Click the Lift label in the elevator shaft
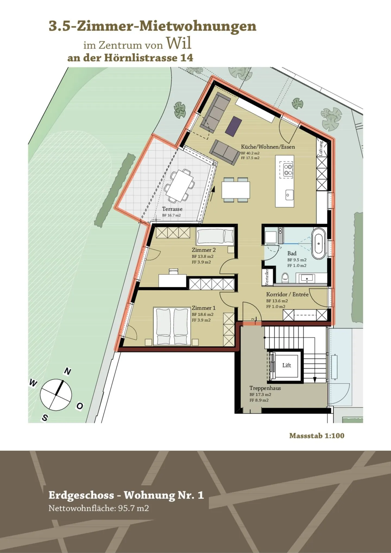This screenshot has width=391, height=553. [286, 365]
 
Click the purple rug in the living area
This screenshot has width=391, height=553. [234, 127]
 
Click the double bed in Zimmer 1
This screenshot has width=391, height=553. [172, 326]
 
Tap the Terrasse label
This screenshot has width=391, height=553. [172, 209]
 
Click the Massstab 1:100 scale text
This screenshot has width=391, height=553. [317, 436]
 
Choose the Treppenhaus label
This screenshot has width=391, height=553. [265, 388]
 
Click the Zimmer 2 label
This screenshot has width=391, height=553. [204, 250]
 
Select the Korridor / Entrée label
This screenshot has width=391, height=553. [287, 295]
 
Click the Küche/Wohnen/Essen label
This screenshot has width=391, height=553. [268, 147]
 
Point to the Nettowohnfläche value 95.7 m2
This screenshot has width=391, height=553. [133, 508]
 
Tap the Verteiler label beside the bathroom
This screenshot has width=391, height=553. [267, 277]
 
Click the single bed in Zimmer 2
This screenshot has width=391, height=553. [215, 236]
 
